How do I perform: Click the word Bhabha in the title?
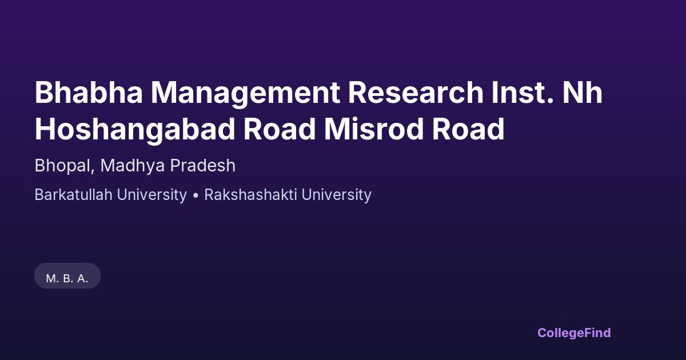pyautogui.click(x=89, y=92)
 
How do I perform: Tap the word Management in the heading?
pyautogui.click(x=245, y=94)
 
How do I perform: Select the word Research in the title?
pyautogui.click(x=416, y=92)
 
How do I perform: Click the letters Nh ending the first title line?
pyautogui.click(x=583, y=92)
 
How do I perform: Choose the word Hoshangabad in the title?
pyautogui.click(x=135, y=130)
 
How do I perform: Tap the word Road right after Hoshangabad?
pyautogui.click(x=280, y=129)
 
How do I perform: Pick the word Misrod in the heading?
pyautogui.click(x=374, y=129)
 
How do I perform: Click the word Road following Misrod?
pyautogui.click(x=468, y=129)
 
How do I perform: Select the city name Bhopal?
pyautogui.click(x=62, y=166)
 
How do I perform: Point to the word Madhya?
pyautogui.click(x=133, y=166)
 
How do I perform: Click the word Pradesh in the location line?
pyautogui.click(x=203, y=165)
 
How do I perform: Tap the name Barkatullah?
pyautogui.click(x=74, y=195)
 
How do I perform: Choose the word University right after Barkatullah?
pyautogui.click(x=152, y=195)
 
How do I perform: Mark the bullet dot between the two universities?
pyautogui.click(x=196, y=195)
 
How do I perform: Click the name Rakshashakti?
pyautogui.click(x=250, y=195)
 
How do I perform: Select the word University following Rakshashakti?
pyautogui.click(x=337, y=195)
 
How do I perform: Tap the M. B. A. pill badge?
pyautogui.click(x=67, y=276)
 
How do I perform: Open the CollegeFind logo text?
pyautogui.click(x=574, y=333)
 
